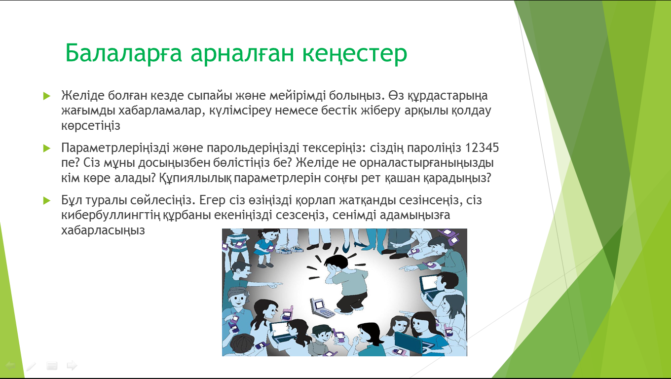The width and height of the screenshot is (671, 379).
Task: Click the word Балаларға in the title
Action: tap(123, 53)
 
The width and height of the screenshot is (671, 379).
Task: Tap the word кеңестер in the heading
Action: tap(355, 54)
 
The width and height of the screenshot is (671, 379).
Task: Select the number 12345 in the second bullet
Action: tap(482, 148)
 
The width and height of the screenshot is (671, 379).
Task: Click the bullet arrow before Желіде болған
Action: tap(47, 96)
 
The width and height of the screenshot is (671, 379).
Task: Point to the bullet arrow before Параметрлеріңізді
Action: tap(47, 148)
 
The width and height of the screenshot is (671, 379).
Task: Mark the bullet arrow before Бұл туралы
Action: tap(47, 200)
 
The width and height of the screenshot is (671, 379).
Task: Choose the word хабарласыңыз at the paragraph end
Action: tap(103, 230)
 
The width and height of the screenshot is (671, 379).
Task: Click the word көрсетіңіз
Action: tap(91, 126)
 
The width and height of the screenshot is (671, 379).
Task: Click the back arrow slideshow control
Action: tap(11, 366)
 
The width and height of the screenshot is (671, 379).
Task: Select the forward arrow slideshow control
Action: tap(72, 366)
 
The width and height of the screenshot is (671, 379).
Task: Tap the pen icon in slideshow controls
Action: tap(31, 366)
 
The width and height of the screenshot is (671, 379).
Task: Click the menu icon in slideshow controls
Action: tap(52, 366)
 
